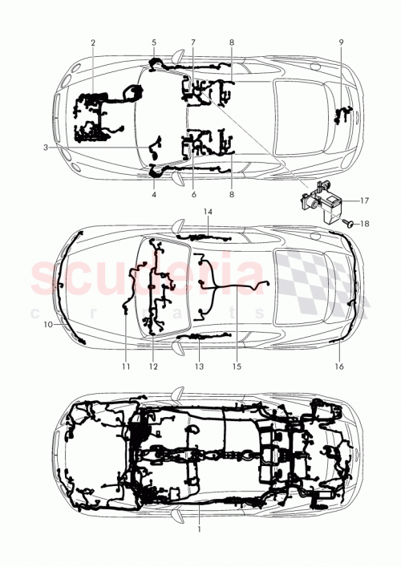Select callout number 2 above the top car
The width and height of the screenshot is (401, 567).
pos(93,42)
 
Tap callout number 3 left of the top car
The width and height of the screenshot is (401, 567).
pos(47,148)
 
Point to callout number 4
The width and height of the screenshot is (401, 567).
pos(154,194)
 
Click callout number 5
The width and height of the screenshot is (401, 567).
pos(154,42)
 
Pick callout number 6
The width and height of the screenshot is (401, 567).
pos(193,194)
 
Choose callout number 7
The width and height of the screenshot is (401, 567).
pos(193,42)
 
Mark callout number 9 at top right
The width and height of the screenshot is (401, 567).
pos(340,42)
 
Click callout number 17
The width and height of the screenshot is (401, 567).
pos(364,200)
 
